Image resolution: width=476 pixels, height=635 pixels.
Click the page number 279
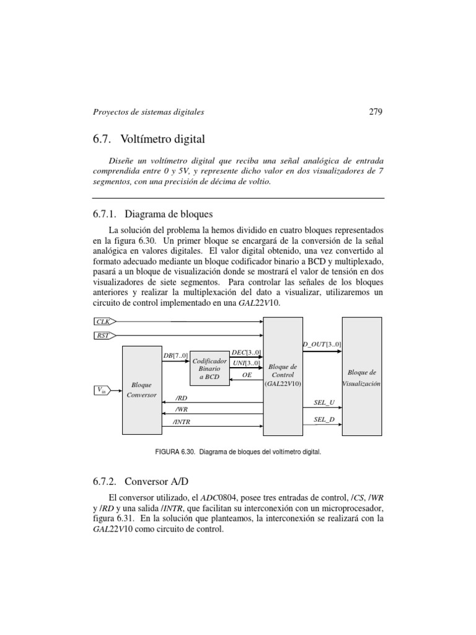(x=376, y=112)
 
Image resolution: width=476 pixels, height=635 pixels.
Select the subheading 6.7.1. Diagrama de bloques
(x=152, y=215)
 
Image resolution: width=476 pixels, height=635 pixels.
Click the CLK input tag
(x=104, y=322)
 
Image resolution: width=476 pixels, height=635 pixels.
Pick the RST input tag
(x=104, y=335)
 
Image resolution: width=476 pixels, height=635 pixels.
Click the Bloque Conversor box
(x=141, y=390)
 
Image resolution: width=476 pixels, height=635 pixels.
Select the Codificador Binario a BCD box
(x=209, y=368)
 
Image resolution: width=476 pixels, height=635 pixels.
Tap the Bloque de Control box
(x=283, y=375)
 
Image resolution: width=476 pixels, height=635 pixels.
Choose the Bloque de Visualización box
(x=361, y=378)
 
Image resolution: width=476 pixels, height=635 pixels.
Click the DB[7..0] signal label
(x=175, y=355)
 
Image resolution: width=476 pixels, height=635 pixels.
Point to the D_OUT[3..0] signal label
(x=322, y=344)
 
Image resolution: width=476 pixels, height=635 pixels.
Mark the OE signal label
(x=246, y=375)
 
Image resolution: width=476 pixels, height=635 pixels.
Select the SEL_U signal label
(x=324, y=402)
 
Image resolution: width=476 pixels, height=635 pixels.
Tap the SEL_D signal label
(x=324, y=420)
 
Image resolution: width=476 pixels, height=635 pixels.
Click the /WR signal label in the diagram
(x=181, y=409)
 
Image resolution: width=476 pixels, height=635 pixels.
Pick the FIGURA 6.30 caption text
(x=238, y=453)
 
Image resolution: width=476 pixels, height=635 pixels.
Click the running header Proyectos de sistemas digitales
(x=148, y=112)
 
